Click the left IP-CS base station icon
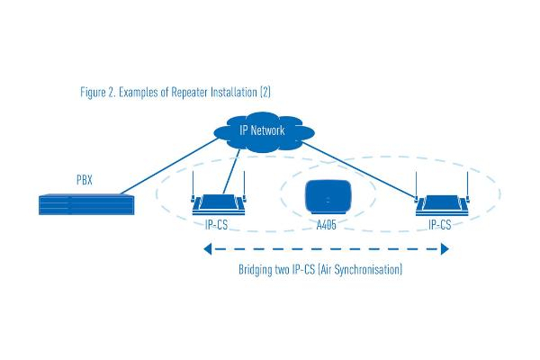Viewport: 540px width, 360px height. (220, 205)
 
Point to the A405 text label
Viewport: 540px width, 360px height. (326, 225)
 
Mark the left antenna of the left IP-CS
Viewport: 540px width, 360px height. (193, 194)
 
